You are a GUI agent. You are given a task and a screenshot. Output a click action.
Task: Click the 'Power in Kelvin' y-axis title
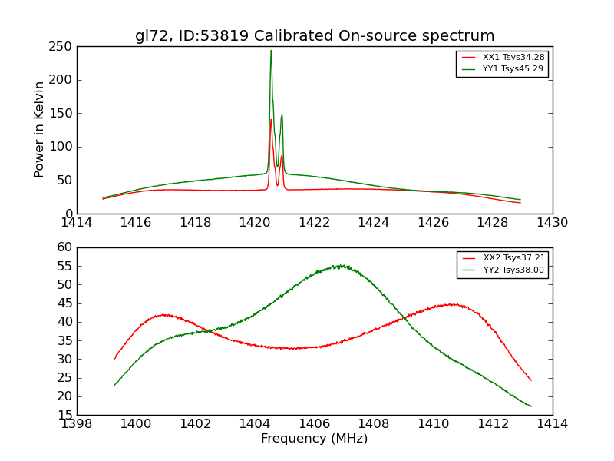[x=40, y=129]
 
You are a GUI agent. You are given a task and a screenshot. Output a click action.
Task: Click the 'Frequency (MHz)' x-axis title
[x=315, y=439]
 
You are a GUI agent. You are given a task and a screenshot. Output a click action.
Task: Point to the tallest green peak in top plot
[x=271, y=51]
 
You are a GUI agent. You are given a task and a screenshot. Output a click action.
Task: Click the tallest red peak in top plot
[x=271, y=120]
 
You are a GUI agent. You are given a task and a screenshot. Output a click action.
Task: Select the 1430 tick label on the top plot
[x=553, y=222]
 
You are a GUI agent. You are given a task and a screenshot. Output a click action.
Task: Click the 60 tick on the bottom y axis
[x=66, y=247]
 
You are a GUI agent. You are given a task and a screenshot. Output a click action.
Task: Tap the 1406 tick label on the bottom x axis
[x=315, y=423]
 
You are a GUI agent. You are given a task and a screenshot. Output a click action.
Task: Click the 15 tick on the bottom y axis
[x=66, y=415]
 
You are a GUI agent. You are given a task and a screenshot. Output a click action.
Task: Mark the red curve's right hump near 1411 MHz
[x=454, y=304]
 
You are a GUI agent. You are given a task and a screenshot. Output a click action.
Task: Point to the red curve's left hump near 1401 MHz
[x=163, y=314]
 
